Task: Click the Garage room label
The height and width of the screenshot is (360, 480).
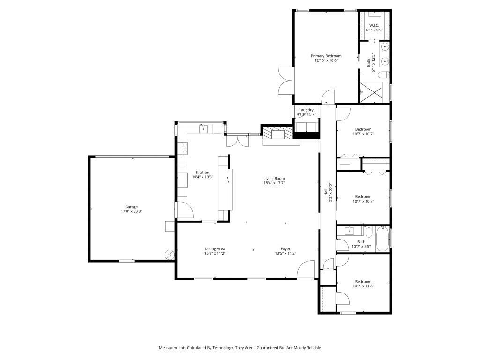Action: click(x=131, y=207)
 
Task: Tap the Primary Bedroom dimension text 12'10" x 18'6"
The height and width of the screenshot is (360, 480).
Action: click(x=326, y=60)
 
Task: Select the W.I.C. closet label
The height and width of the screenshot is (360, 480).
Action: click(x=374, y=25)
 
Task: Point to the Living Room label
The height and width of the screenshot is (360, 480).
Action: click(x=274, y=178)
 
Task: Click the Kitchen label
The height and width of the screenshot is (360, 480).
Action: click(x=202, y=172)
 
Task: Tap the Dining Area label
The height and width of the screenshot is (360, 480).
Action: click(x=215, y=248)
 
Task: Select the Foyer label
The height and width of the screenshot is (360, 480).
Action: click(x=285, y=248)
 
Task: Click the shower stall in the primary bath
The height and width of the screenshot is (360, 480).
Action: click(x=374, y=92)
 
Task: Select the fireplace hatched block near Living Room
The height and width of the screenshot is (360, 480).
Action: click(x=277, y=133)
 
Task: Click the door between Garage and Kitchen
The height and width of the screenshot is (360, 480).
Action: click(x=183, y=209)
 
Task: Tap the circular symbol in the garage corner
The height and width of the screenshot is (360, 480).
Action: click(x=169, y=255)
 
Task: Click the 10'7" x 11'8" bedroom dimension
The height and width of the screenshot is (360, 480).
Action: click(x=363, y=286)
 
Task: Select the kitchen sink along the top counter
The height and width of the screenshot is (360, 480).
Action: click(x=204, y=128)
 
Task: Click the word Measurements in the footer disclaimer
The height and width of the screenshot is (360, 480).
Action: click(x=173, y=348)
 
